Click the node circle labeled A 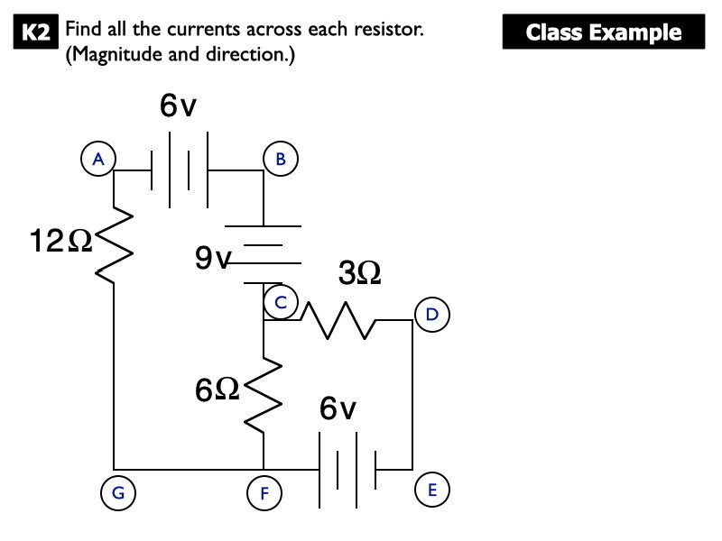(98, 159)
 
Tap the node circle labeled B (281, 159)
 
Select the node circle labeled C (281, 304)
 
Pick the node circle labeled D (430, 314)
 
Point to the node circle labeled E (430, 490)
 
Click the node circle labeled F (264, 492)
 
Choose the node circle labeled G (117, 492)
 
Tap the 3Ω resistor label (360, 273)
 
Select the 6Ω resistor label (217, 390)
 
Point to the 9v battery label (213, 260)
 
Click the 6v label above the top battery (178, 106)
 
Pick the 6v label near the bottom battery (338, 409)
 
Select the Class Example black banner (603, 33)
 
